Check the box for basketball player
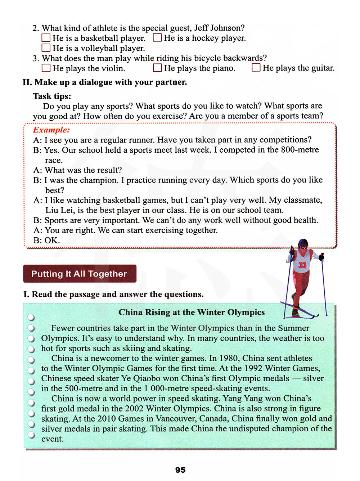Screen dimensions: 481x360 coord(46,38)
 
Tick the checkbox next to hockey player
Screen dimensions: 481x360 coord(157,37)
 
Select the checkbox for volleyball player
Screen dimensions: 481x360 coord(46,48)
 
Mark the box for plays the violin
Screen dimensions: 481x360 coord(46,68)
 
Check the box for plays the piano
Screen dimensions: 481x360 coord(157,68)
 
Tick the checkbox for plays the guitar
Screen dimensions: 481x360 coord(256,68)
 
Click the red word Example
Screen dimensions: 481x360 coord(51,130)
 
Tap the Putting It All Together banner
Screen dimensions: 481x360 coord(80,274)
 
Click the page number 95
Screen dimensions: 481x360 coord(180,470)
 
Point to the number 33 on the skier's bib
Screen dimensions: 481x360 coord(302,265)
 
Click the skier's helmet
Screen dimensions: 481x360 coord(303,243)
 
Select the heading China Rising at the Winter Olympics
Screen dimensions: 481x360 coord(192,312)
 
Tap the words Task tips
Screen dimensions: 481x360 coord(52,96)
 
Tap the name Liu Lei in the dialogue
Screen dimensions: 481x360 coord(60,210)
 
